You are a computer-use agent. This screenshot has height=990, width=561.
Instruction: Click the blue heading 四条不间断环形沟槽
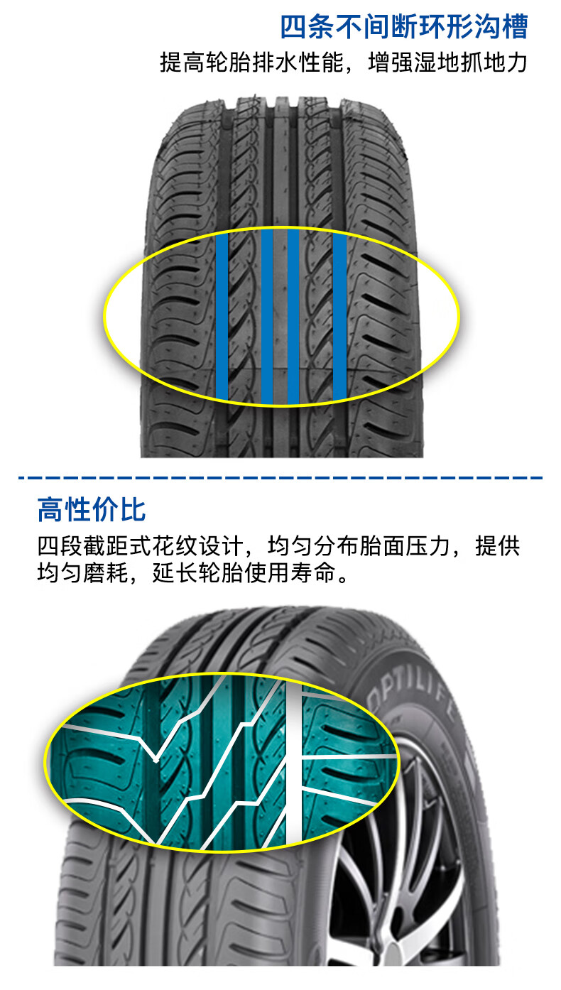click(403, 27)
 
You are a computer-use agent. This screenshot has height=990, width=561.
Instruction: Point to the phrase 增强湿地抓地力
click(448, 63)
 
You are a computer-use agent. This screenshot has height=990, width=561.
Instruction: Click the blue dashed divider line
click(280, 477)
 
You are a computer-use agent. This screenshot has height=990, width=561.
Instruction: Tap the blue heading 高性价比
click(92, 510)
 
